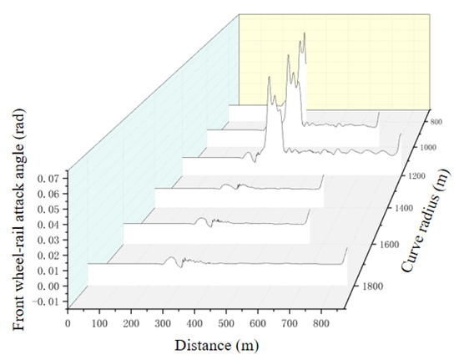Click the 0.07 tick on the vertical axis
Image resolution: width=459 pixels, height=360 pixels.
[x=42, y=179]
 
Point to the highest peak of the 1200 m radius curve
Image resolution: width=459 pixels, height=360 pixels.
[x=269, y=77]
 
